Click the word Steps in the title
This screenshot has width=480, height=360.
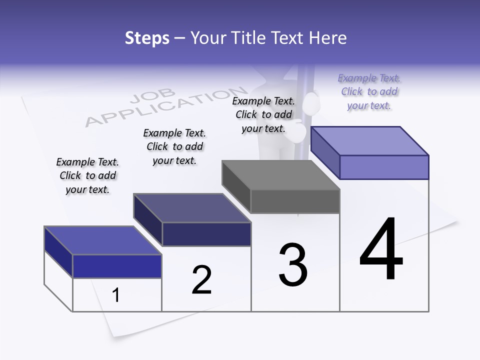[x=147, y=38]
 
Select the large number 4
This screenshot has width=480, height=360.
[x=381, y=249]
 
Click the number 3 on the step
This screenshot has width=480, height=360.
[x=292, y=265]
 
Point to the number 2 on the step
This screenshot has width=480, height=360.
[x=201, y=280]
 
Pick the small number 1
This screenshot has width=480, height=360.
[x=116, y=295]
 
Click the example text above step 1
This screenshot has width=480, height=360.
[x=87, y=176]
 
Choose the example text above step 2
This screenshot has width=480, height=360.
[x=174, y=147]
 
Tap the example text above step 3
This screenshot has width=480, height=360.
[x=263, y=114]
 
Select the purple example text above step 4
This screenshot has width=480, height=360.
[x=369, y=92]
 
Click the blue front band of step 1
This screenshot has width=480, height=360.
[x=117, y=266]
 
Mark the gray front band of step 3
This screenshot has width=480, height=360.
[x=295, y=201]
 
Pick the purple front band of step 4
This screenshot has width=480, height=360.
[x=384, y=167]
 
